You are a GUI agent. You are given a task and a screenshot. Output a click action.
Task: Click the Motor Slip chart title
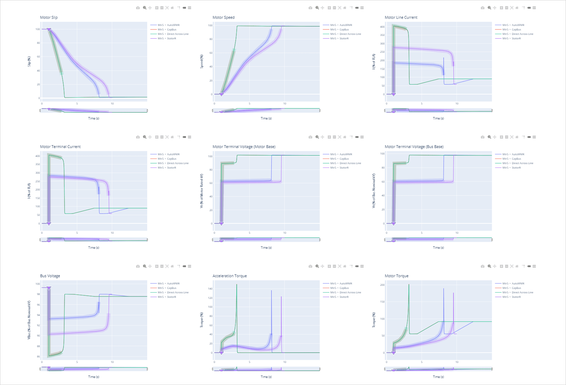49,17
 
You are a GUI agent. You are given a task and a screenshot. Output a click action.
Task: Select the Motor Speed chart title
224,17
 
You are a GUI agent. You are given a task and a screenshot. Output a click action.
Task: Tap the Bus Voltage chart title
50,276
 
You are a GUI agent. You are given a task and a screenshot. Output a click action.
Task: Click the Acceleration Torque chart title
229,276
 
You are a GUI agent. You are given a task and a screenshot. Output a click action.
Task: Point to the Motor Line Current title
401,17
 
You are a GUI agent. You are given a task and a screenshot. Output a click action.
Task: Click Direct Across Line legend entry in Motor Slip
177,34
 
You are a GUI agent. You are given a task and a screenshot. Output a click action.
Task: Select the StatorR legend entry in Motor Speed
344,38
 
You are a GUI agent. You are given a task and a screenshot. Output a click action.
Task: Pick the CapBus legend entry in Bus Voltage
172,288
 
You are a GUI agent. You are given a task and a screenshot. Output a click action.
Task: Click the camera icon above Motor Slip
138,8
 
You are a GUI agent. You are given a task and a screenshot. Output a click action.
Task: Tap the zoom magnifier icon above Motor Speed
317,8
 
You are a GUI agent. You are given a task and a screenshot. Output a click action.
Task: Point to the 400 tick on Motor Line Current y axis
382,27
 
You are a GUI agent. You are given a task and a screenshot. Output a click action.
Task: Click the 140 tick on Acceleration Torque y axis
210,289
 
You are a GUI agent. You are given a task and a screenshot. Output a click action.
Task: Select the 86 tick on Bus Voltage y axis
38,356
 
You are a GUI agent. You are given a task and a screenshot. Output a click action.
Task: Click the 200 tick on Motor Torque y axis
382,285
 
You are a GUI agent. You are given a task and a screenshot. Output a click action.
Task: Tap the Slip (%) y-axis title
29,61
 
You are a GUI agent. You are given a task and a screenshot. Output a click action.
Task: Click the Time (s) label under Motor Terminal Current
94,248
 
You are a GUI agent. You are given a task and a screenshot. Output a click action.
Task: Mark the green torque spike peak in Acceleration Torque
237,284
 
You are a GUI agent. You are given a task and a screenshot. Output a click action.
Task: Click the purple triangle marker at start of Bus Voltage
49,288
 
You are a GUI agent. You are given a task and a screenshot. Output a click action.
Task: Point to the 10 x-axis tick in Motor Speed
285,103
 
